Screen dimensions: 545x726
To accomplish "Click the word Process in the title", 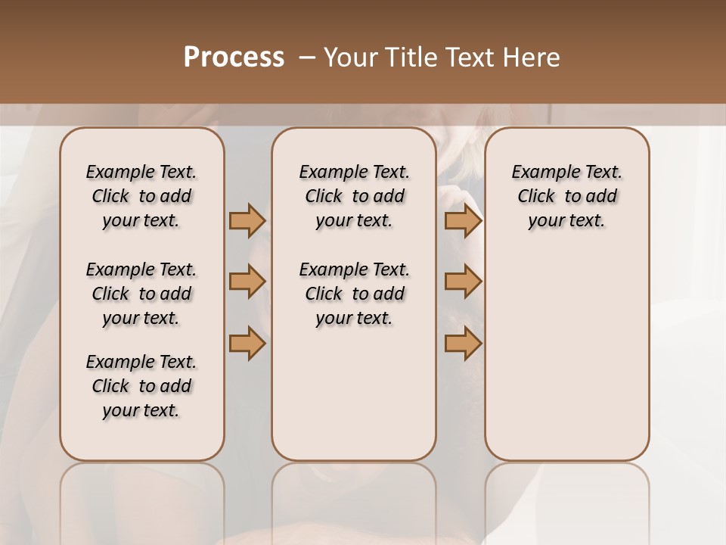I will click(x=234, y=58).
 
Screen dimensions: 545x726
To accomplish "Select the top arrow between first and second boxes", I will click(x=247, y=220).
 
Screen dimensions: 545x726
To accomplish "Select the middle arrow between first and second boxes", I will click(x=247, y=282).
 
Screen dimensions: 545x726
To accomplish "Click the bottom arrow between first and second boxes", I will click(x=247, y=343).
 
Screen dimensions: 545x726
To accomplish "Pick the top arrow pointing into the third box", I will click(x=463, y=220).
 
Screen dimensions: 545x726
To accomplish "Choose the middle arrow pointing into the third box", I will click(x=463, y=282).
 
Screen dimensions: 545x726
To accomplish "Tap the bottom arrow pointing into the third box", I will click(x=463, y=343).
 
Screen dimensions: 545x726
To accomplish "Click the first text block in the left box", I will click(x=141, y=196).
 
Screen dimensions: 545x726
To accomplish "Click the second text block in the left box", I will click(x=141, y=294).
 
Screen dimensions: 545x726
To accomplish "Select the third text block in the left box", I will click(x=141, y=386).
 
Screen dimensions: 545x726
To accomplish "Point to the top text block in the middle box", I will click(x=354, y=196).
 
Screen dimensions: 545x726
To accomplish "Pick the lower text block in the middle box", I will click(x=354, y=294).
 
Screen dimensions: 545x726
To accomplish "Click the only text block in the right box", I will click(x=566, y=196).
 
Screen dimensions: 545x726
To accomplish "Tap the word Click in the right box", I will click(x=536, y=196).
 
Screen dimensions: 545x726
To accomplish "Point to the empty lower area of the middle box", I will click(x=354, y=394).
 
